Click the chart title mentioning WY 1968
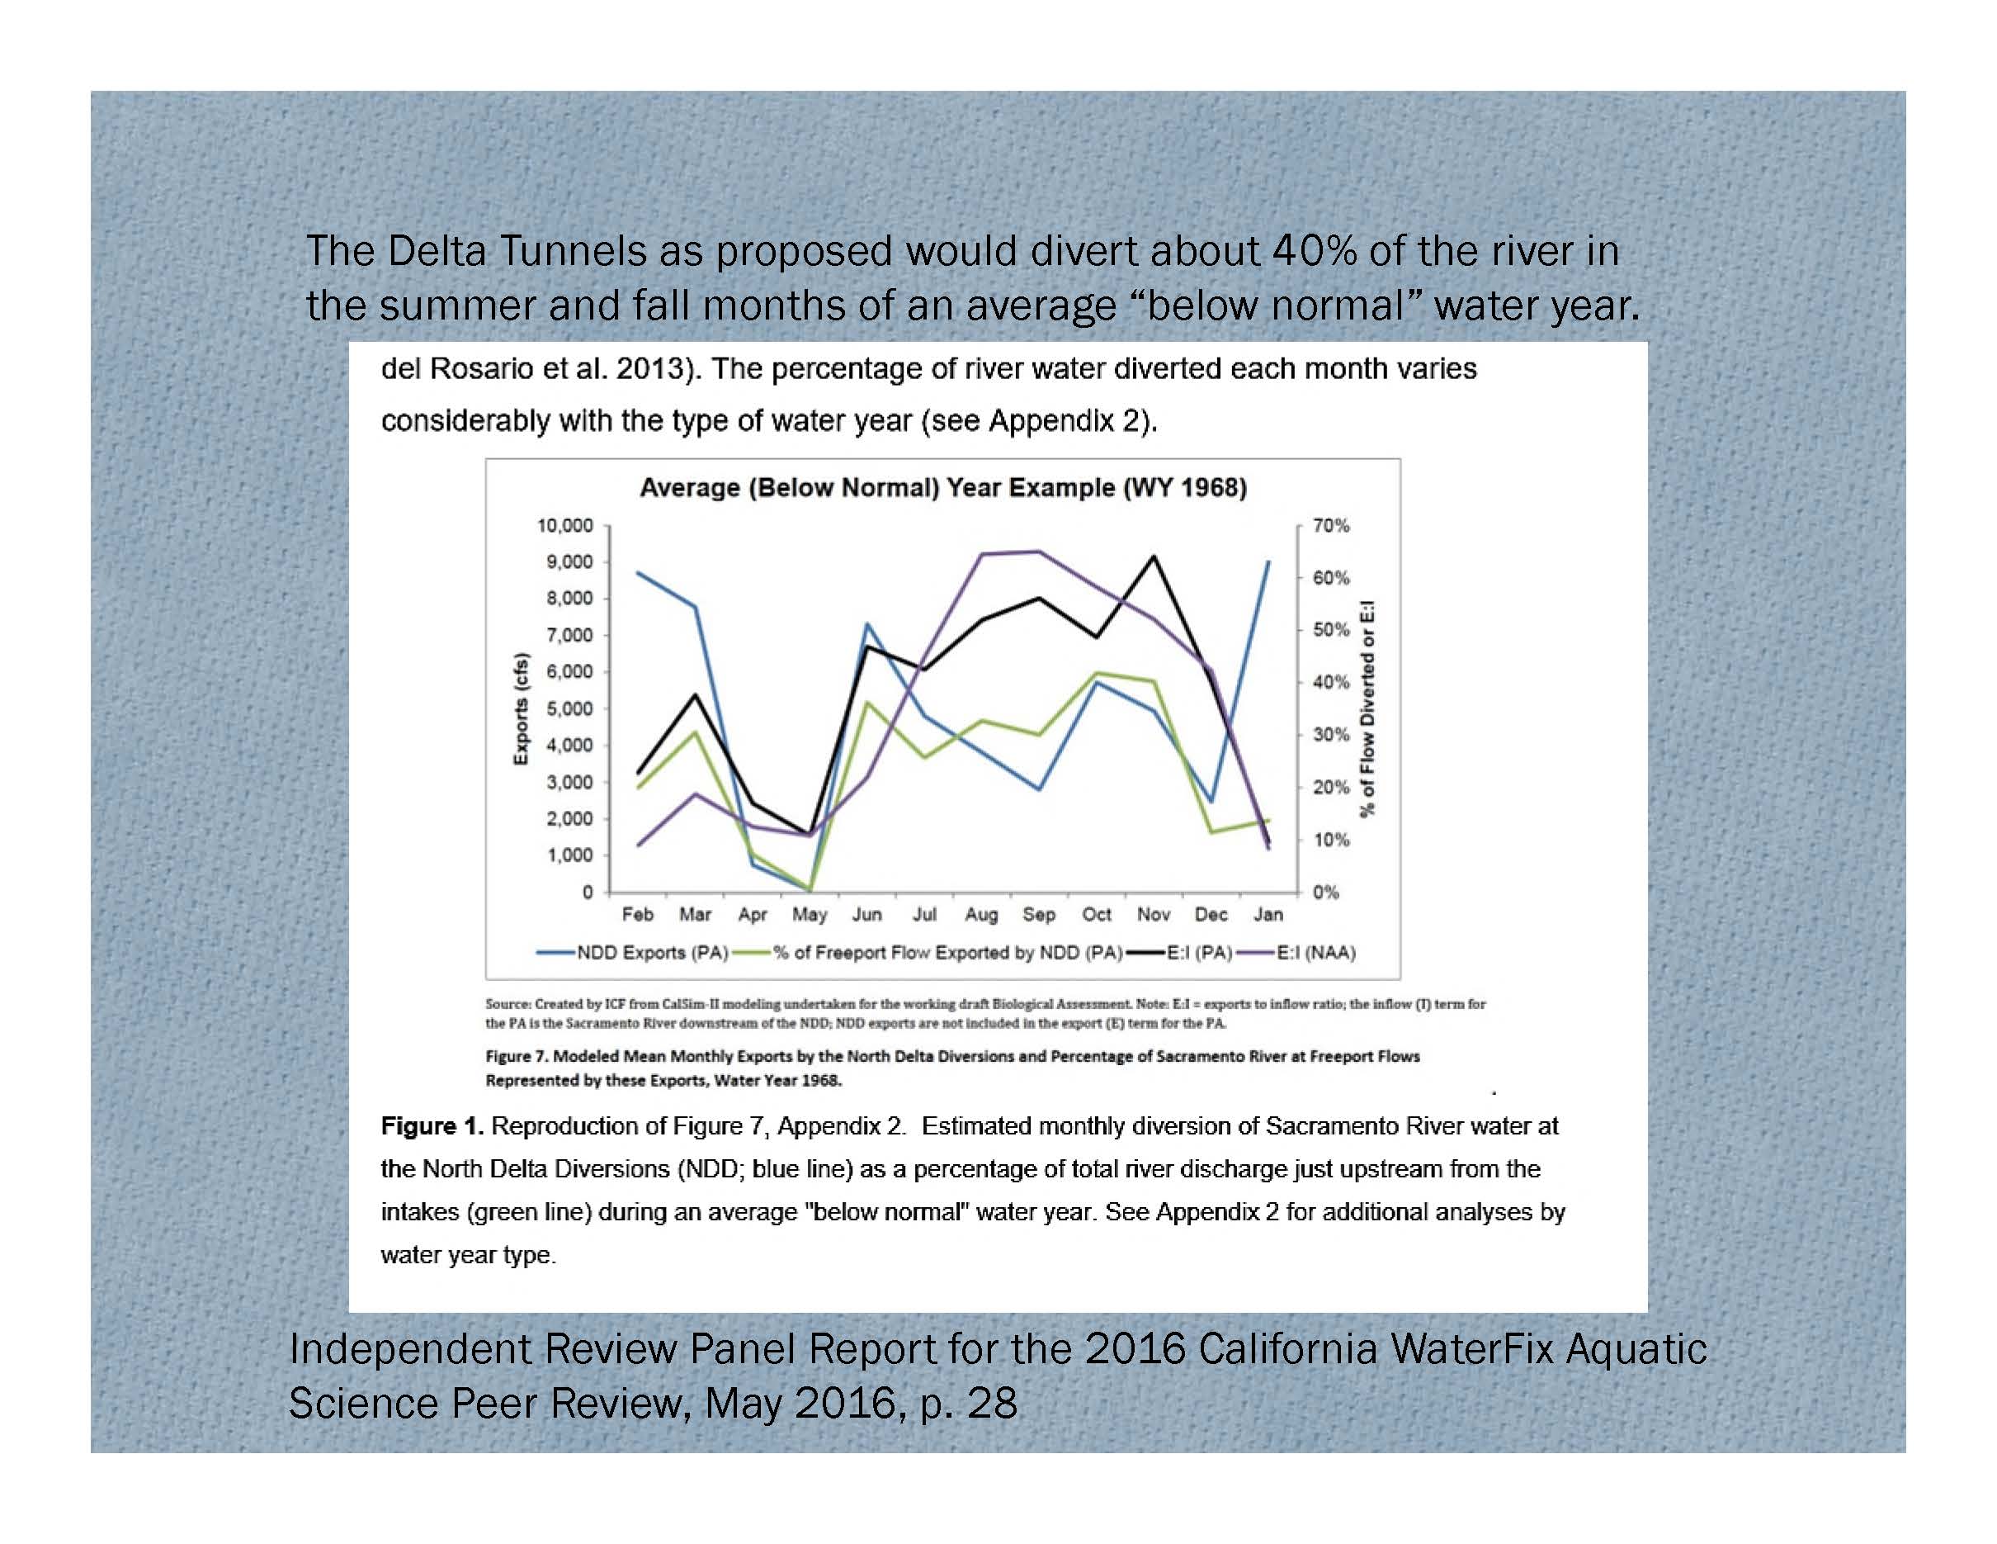point(942,487)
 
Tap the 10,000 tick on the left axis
point(564,526)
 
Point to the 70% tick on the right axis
point(1330,526)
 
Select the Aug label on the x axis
point(981,915)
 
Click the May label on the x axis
point(810,915)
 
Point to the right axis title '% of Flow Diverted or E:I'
point(1368,708)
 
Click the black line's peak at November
point(1154,557)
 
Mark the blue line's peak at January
point(1268,561)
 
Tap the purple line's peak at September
point(1039,552)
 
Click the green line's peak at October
point(1097,673)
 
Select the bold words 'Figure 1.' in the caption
point(432,1126)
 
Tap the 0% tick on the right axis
point(1326,893)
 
